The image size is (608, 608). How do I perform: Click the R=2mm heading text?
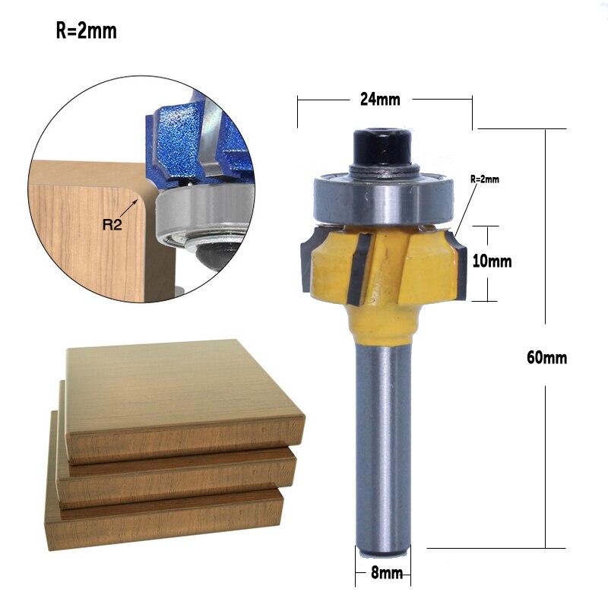tap(86, 33)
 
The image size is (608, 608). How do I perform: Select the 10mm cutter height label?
tap(491, 261)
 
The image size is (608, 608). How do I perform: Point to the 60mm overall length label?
tap(546, 357)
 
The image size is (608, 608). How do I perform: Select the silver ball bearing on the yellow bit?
tap(382, 198)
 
